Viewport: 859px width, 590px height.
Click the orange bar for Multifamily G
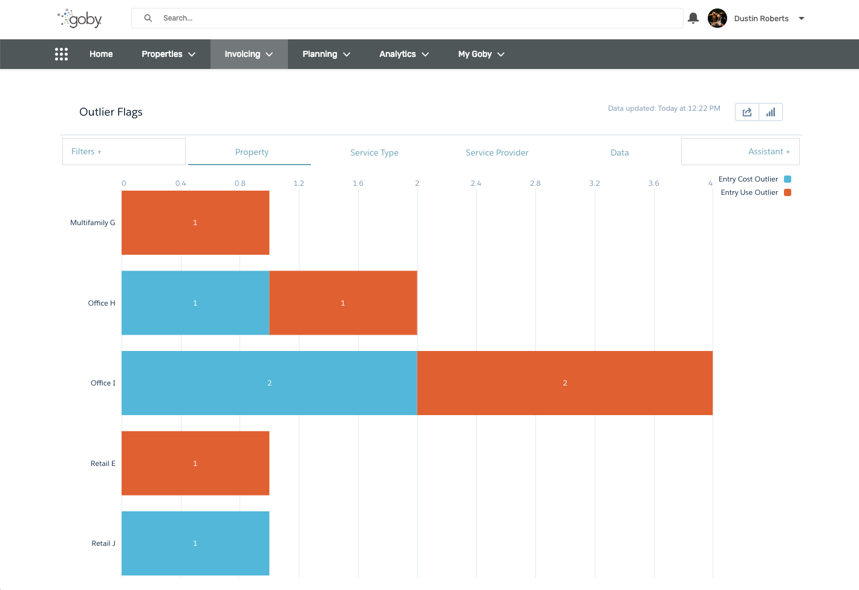click(195, 223)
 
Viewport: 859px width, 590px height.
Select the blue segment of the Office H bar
click(195, 303)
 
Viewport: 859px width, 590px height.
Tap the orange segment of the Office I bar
click(565, 383)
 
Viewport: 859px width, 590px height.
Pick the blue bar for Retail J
click(195, 543)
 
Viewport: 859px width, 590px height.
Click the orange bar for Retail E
click(195, 463)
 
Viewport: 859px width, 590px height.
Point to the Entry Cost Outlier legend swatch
click(788, 179)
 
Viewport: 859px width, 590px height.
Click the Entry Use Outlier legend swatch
click(788, 192)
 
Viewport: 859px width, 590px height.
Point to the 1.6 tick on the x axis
click(358, 183)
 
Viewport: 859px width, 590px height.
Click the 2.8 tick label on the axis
click(535, 183)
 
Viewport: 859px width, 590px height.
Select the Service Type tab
click(374, 152)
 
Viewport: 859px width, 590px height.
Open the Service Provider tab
click(497, 152)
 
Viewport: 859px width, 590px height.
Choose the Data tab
click(619, 152)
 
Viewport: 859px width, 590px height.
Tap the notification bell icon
click(693, 18)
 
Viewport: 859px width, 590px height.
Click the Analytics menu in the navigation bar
click(404, 54)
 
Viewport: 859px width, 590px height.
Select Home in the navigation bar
click(101, 54)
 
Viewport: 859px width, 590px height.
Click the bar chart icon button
click(771, 112)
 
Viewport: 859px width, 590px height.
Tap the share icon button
click(747, 112)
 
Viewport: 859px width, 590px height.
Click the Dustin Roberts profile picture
click(717, 18)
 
